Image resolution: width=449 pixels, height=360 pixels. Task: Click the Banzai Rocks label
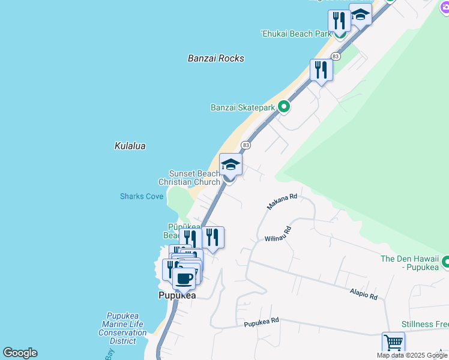[216, 58]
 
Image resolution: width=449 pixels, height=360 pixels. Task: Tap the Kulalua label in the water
[130, 146]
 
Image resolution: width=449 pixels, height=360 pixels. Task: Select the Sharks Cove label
[142, 196]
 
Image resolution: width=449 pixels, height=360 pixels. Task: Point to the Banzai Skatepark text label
[243, 108]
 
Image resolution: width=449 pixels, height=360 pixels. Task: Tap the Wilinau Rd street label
[278, 234]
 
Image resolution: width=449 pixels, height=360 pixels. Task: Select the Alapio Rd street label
[364, 293]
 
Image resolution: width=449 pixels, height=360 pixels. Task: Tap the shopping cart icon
[393, 343]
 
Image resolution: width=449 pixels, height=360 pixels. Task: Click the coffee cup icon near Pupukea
[184, 279]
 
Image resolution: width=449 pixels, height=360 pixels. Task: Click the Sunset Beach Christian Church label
[189, 178]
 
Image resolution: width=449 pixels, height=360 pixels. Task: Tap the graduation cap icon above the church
[231, 164]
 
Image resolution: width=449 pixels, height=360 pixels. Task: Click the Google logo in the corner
[20, 353]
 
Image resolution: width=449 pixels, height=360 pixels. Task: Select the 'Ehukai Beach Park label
[296, 34]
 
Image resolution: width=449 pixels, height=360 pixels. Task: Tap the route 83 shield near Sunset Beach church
[246, 145]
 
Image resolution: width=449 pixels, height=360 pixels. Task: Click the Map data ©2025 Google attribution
[412, 355]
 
